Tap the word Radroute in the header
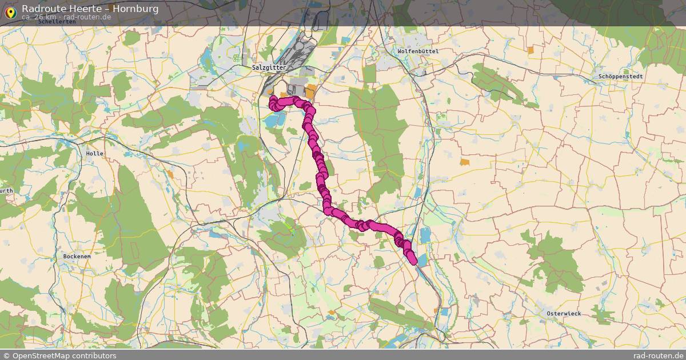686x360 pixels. (42, 9)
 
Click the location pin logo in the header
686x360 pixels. (10, 12)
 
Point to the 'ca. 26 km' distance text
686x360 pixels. (39, 17)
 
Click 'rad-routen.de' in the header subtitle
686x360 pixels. (87, 17)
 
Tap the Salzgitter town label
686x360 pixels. (269, 67)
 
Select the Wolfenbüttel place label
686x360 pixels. (418, 51)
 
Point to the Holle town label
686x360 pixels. (94, 154)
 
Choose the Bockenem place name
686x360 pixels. (77, 257)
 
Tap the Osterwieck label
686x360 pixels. (564, 314)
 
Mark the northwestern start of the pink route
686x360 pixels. (272, 99)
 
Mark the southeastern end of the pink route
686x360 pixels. (413, 261)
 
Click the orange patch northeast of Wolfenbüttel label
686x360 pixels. (531, 50)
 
